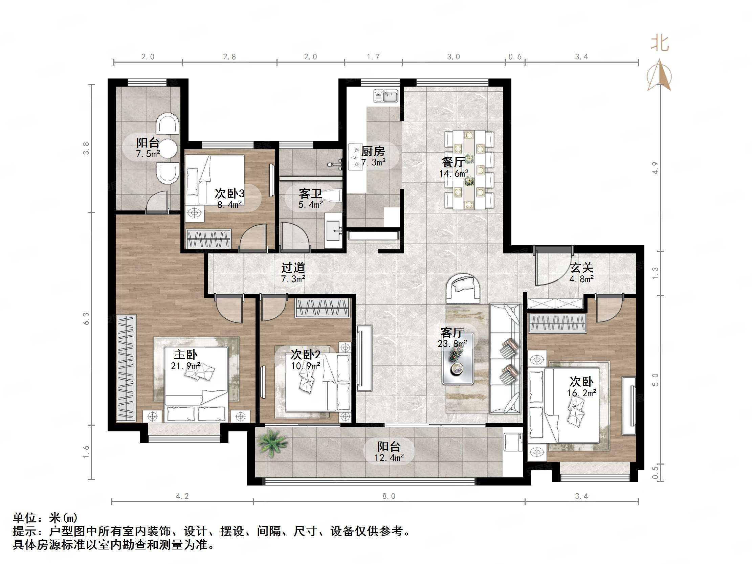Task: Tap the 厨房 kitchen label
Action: [x=373, y=151]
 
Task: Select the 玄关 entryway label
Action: [x=581, y=268]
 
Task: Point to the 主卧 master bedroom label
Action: [x=185, y=355]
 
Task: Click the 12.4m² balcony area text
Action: [x=389, y=457]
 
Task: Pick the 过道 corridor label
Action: [x=293, y=268]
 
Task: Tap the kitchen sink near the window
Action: [x=386, y=96]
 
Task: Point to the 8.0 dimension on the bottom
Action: [x=389, y=496]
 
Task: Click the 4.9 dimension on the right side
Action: [x=655, y=168]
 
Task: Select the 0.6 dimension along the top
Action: [x=515, y=57]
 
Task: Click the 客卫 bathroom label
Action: [x=310, y=194]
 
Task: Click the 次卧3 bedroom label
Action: [x=229, y=194]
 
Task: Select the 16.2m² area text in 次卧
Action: [x=581, y=393]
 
